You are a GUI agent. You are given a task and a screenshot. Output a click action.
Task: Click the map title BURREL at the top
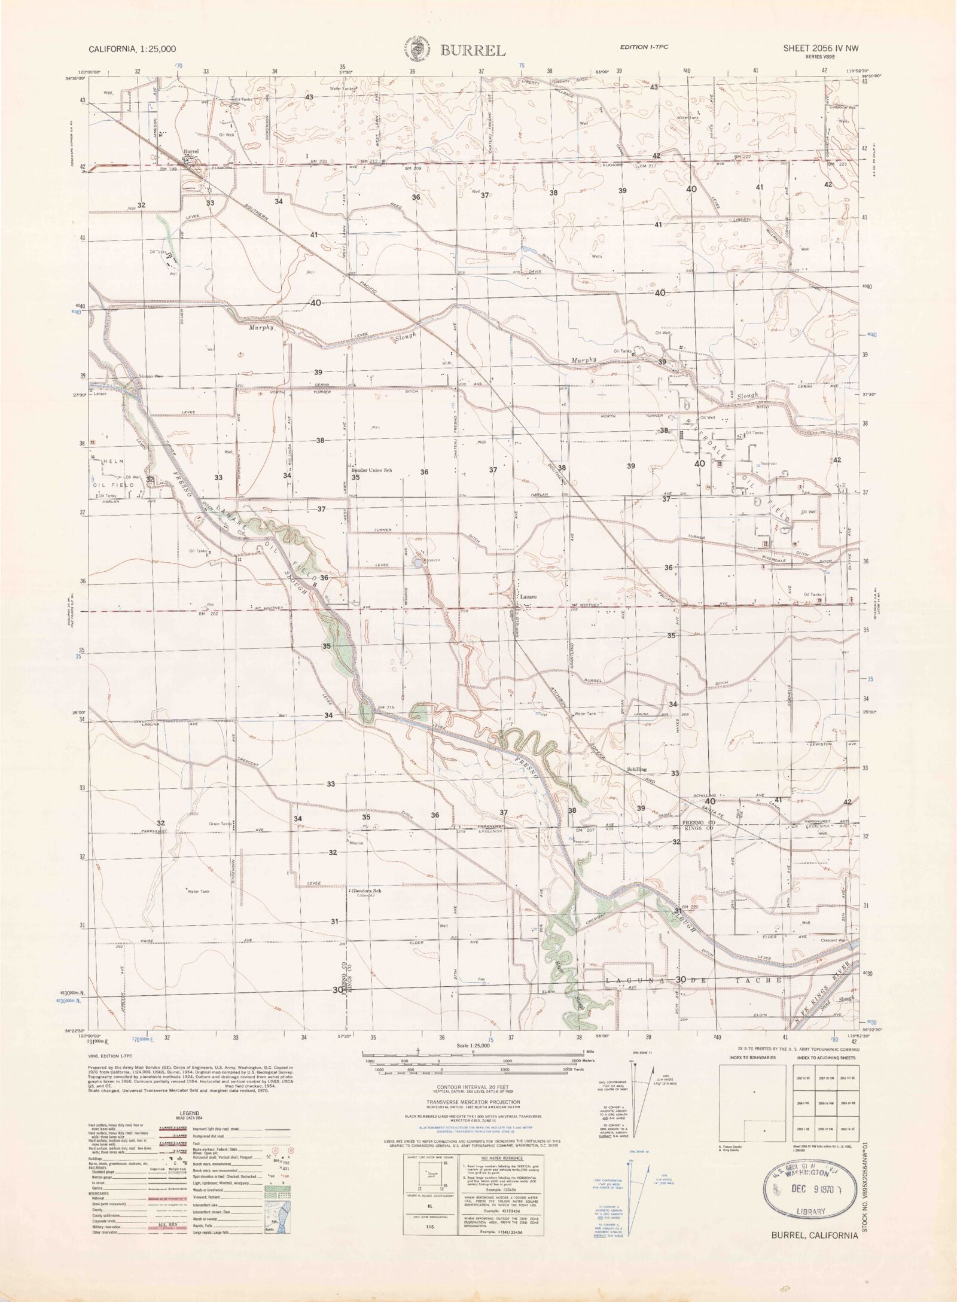(473, 50)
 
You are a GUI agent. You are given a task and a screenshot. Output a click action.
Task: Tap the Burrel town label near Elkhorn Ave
(191, 152)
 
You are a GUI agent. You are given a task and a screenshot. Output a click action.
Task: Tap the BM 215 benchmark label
(386, 708)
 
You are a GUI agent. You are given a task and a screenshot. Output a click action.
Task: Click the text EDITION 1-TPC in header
(643, 47)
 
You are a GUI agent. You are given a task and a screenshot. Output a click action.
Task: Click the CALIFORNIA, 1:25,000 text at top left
(132, 50)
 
